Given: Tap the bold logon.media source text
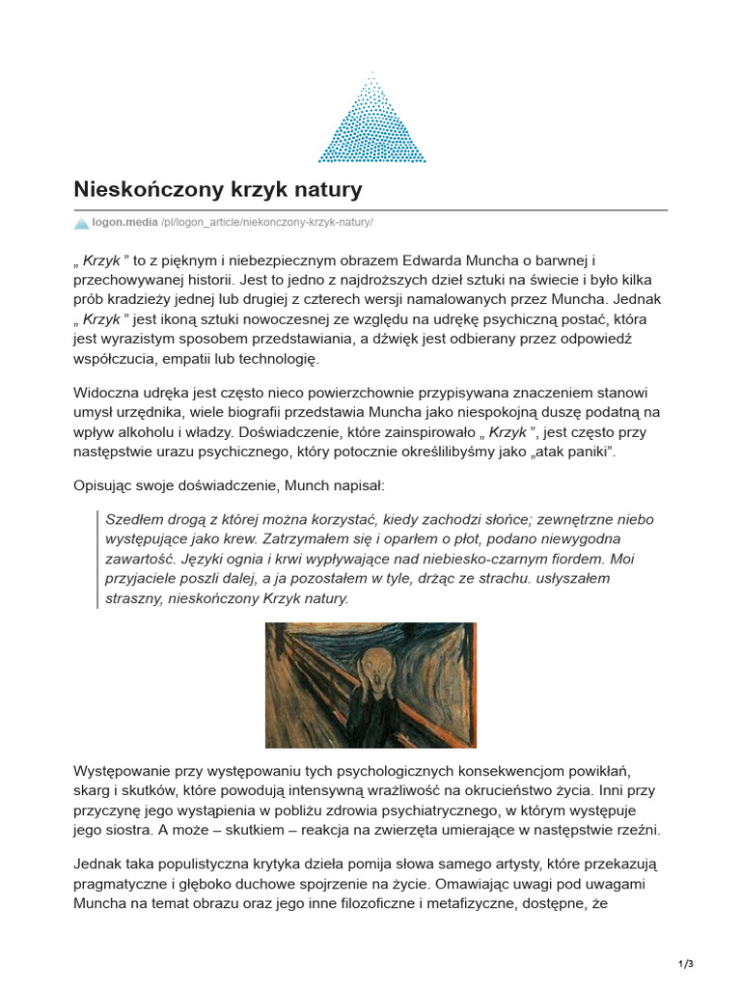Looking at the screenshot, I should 124,223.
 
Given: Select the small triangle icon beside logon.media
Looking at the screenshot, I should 81,223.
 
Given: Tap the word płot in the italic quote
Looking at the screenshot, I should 391,538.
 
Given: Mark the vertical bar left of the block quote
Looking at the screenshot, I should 97,559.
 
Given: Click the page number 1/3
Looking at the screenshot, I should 686,964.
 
